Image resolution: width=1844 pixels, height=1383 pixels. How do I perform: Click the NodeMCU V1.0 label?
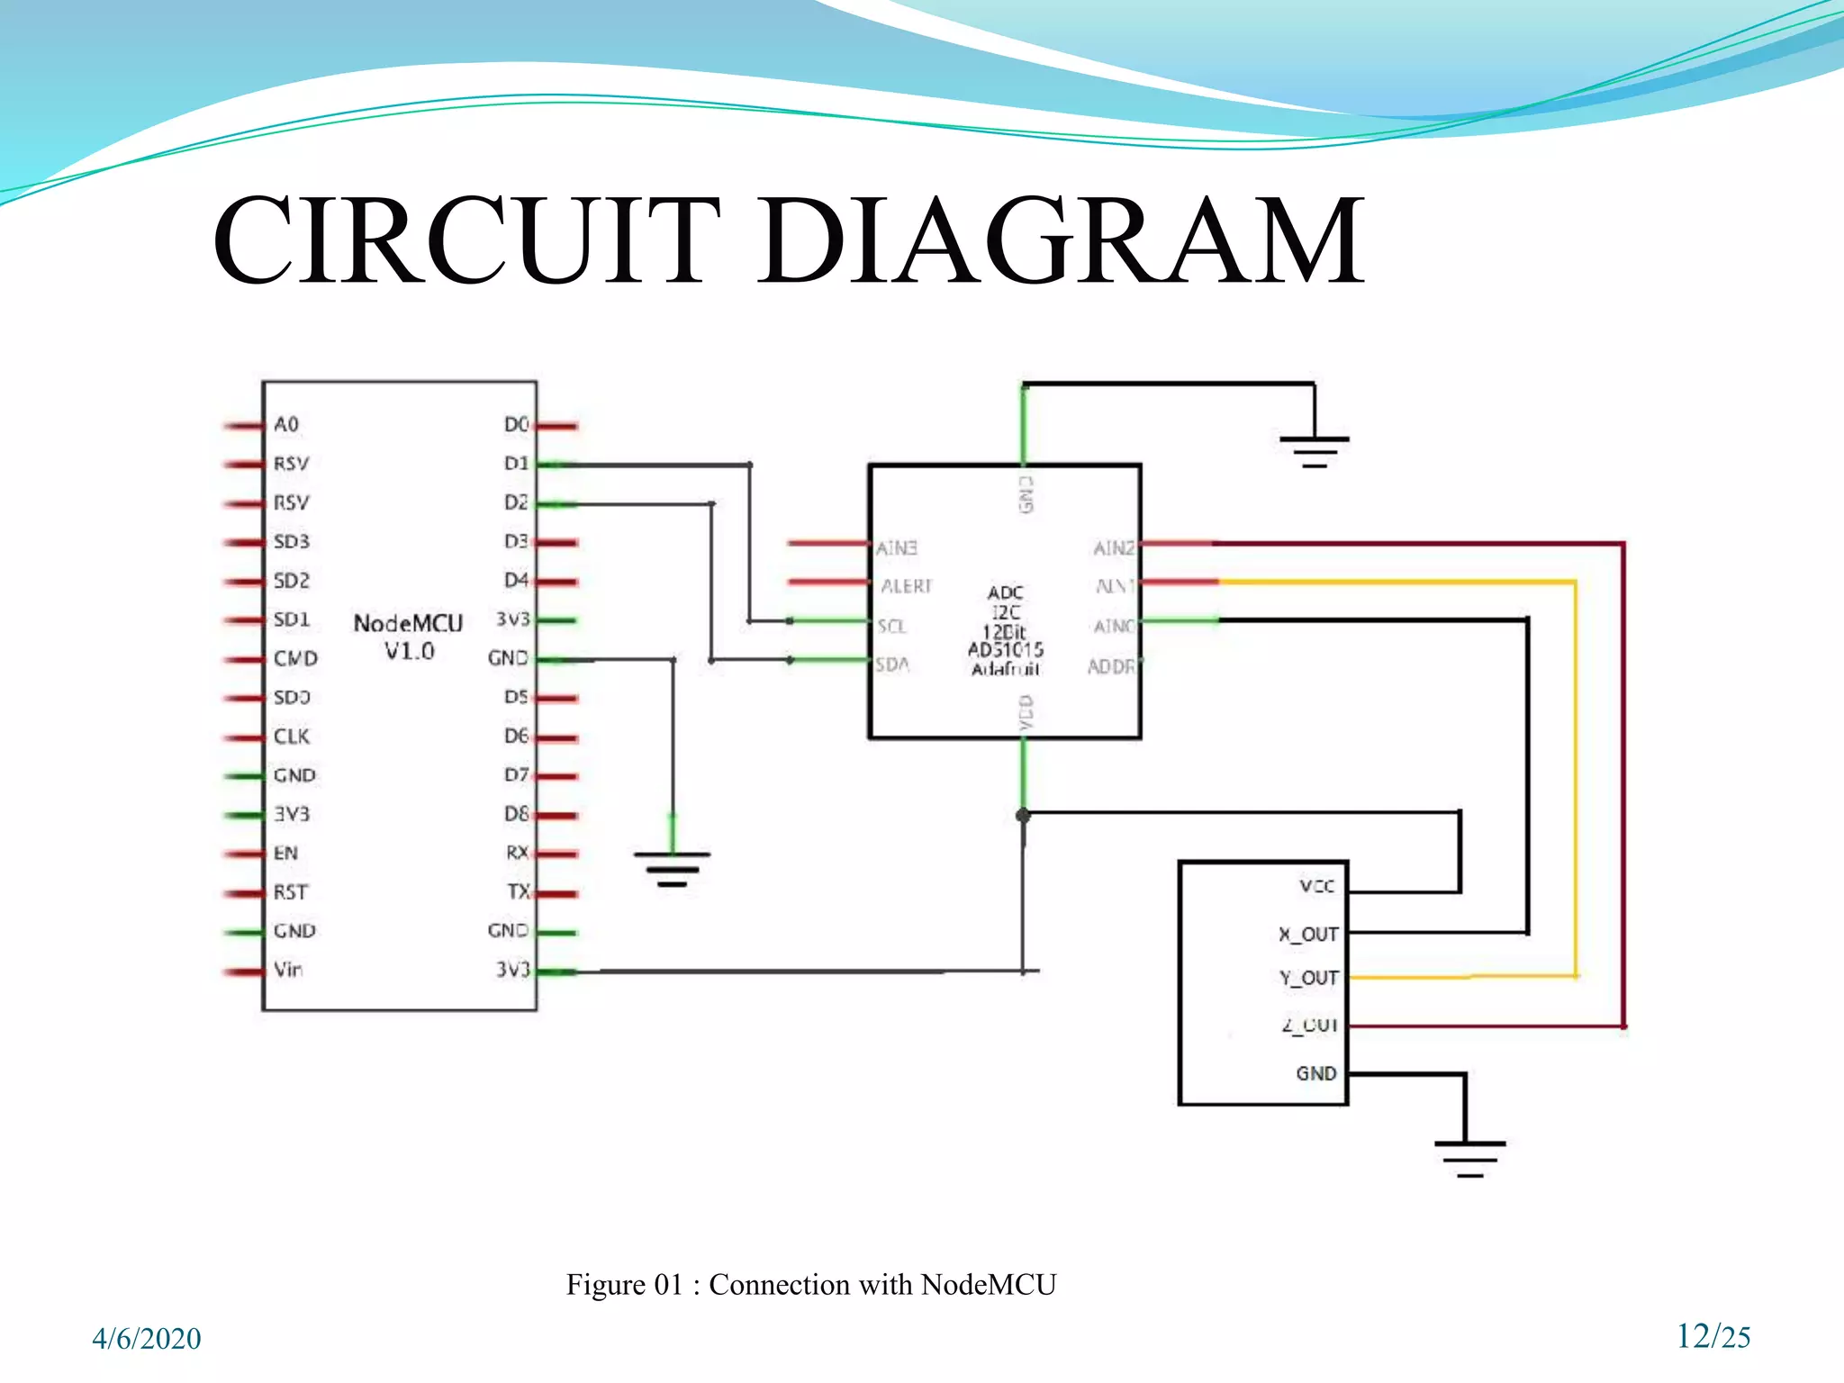pyautogui.click(x=408, y=637)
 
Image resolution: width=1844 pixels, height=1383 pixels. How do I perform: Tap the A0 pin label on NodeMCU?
pyautogui.click(x=286, y=424)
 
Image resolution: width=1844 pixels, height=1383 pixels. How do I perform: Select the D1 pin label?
pyautogui.click(x=516, y=463)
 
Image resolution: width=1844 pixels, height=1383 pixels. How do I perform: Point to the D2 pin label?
pyautogui.click(x=516, y=502)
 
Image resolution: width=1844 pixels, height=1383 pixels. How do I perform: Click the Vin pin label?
pyautogui.click(x=288, y=970)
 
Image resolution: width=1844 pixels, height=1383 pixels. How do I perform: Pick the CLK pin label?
pyautogui.click(x=292, y=737)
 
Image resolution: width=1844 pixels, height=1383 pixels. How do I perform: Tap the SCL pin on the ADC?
pyautogui.click(x=891, y=626)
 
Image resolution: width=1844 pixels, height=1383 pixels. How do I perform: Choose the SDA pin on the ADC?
pyautogui.click(x=892, y=664)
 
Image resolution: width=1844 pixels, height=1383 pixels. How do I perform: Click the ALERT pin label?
pyautogui.click(x=906, y=586)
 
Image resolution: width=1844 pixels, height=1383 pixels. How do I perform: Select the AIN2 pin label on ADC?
pyautogui.click(x=1113, y=547)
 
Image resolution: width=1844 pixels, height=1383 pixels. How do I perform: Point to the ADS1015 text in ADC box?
pyautogui.click(x=1005, y=649)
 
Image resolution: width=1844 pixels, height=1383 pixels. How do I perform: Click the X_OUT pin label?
pyautogui.click(x=1308, y=935)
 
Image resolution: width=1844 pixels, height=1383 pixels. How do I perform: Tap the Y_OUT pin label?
pyautogui.click(x=1309, y=978)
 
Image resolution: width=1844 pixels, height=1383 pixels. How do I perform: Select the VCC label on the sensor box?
pyautogui.click(x=1316, y=887)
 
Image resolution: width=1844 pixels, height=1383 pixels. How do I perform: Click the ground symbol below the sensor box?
pyautogui.click(x=1469, y=1158)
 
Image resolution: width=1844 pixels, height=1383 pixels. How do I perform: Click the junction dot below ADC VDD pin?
pyautogui.click(x=1023, y=816)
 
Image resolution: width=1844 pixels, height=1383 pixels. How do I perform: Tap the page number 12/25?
pyautogui.click(x=1713, y=1336)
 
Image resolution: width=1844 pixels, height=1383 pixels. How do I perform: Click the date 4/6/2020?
pyautogui.click(x=147, y=1339)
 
